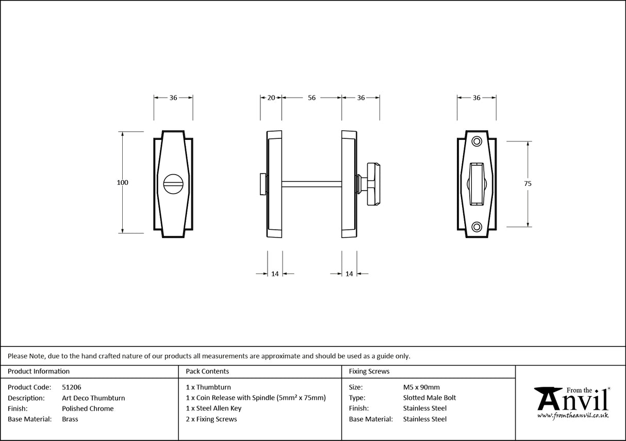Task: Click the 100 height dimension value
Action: [x=122, y=182]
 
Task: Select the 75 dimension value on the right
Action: [x=528, y=183]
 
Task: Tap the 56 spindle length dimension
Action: [x=311, y=98]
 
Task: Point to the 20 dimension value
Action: [x=271, y=98]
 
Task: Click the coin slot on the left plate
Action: [x=173, y=183]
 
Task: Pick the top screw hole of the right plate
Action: [x=476, y=140]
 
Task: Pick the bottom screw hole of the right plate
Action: [x=476, y=226]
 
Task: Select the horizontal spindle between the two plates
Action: [x=311, y=183]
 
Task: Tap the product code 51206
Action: [x=71, y=387]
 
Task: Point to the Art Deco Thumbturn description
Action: [x=93, y=398]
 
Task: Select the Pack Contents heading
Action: [x=207, y=371]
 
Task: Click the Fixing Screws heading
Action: [x=369, y=371]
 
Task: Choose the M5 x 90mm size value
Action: [x=421, y=387]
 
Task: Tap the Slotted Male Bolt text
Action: [x=430, y=398]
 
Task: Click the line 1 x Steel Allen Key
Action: [x=221, y=408]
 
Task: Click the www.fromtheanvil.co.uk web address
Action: [x=573, y=416]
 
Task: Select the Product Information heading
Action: [x=39, y=371]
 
